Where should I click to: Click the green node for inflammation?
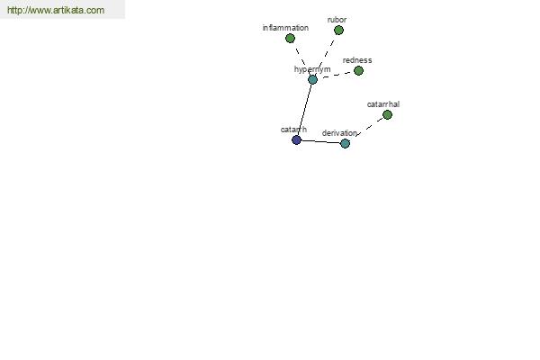point(290,38)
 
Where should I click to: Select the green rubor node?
point(338,31)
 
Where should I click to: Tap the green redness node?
point(358,70)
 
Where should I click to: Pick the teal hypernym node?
point(312,79)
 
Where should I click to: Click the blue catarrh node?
point(296,139)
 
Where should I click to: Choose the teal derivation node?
point(345,143)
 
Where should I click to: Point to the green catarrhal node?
point(387,114)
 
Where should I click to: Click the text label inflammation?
point(285,28)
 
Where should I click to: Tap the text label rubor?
point(337,20)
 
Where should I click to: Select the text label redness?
point(357,60)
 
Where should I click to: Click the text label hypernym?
point(312,69)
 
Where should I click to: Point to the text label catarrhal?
point(383,104)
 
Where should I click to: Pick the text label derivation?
point(339,133)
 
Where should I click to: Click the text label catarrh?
point(293,130)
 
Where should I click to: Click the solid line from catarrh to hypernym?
point(304,110)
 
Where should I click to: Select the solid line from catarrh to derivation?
point(321,141)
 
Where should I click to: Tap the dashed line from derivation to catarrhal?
point(369,127)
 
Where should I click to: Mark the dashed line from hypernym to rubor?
point(327,53)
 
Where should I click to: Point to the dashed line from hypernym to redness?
point(337,75)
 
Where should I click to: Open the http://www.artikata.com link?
point(56,10)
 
